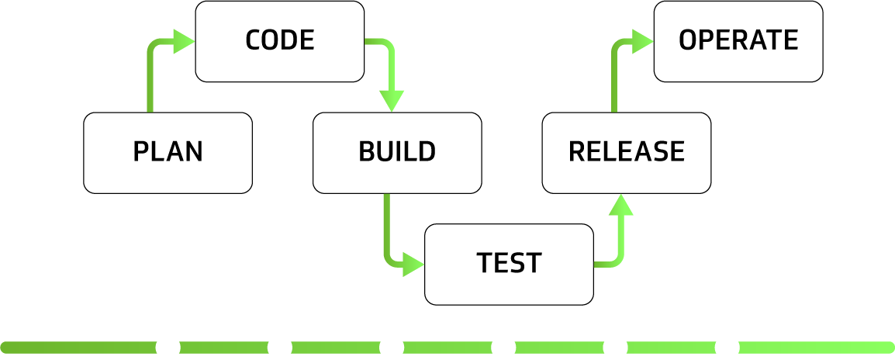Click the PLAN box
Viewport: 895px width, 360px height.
168,153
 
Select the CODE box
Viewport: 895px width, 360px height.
279,41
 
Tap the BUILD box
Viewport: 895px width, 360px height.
397,153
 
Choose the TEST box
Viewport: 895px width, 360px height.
509,264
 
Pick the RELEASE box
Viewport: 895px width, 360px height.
627,153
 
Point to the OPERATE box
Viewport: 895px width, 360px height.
738,41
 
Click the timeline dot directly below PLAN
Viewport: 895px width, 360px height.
168,347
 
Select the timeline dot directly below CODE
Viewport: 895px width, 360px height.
279,347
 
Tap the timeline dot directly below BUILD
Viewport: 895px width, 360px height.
392,347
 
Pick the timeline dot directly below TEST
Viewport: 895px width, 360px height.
503,347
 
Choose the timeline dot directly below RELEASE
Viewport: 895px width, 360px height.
615,347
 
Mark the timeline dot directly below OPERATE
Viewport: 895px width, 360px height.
727,347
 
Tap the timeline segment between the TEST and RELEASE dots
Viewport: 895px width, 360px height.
559,347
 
